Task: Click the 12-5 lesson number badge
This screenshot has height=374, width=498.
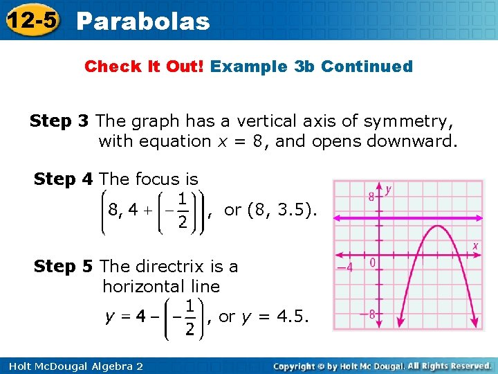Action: [x=31, y=20]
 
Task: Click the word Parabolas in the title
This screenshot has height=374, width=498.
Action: [x=143, y=21]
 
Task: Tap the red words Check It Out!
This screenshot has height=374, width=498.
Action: [x=144, y=66]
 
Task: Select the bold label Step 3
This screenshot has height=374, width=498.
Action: [x=59, y=121]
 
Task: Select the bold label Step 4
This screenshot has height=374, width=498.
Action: [x=63, y=179]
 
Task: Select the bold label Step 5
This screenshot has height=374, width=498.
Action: [x=63, y=266]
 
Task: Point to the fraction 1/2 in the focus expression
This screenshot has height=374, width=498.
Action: [x=182, y=210]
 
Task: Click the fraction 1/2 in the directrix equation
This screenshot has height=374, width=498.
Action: [x=189, y=318]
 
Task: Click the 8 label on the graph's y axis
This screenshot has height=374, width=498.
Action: [x=371, y=197]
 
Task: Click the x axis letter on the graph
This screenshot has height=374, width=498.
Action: [x=476, y=246]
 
